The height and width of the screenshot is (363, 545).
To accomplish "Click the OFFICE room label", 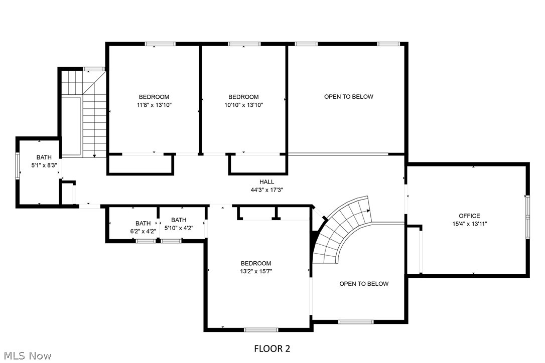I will pos(469,216).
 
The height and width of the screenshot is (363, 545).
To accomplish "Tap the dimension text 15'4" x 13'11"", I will pos(469,224).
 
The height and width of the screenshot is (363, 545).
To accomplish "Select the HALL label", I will pos(266,182).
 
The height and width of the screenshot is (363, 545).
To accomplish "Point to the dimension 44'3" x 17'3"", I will pos(266,190).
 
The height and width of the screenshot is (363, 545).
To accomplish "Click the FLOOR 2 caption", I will pos(272,348).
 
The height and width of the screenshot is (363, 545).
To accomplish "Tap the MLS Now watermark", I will pos(26,356).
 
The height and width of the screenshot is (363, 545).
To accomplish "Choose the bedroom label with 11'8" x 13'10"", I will pos(154,97).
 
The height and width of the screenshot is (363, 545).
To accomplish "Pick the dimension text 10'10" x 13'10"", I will pos(243,105).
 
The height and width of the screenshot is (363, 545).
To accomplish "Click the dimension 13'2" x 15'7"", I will pos(256,271).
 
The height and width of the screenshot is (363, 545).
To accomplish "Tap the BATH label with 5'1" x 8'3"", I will pos(44,157).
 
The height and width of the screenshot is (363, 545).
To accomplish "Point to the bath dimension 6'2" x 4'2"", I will pos(143,231).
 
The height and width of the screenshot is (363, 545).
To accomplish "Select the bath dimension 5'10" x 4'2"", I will pos(179,228).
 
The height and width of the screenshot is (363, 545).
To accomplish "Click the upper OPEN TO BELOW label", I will pos(348,97).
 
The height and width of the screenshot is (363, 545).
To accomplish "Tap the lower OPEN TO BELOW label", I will pos(364,284).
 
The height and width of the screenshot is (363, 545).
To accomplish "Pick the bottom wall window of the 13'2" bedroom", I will pos(261,329).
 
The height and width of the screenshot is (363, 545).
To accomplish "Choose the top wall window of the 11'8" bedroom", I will pos(160,44).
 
